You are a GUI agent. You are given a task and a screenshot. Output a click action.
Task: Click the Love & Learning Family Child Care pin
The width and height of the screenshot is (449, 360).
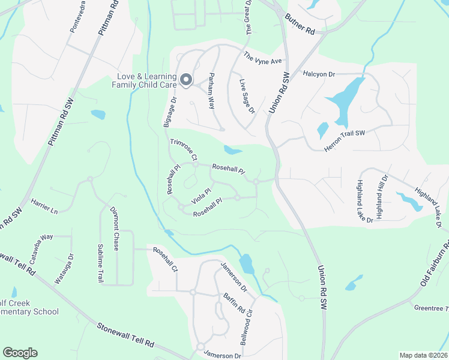tap(186, 80)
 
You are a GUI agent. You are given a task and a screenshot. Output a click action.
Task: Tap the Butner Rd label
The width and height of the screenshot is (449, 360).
tap(301, 24)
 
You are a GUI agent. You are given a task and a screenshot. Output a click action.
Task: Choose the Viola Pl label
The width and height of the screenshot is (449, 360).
tap(201, 194)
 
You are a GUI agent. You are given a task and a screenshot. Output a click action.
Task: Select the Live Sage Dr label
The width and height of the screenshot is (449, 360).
tap(247, 95)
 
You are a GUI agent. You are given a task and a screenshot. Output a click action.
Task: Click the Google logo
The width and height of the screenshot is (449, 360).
tap(20, 353)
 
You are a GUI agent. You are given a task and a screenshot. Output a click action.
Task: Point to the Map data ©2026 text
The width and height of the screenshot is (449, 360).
tap(423, 355)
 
